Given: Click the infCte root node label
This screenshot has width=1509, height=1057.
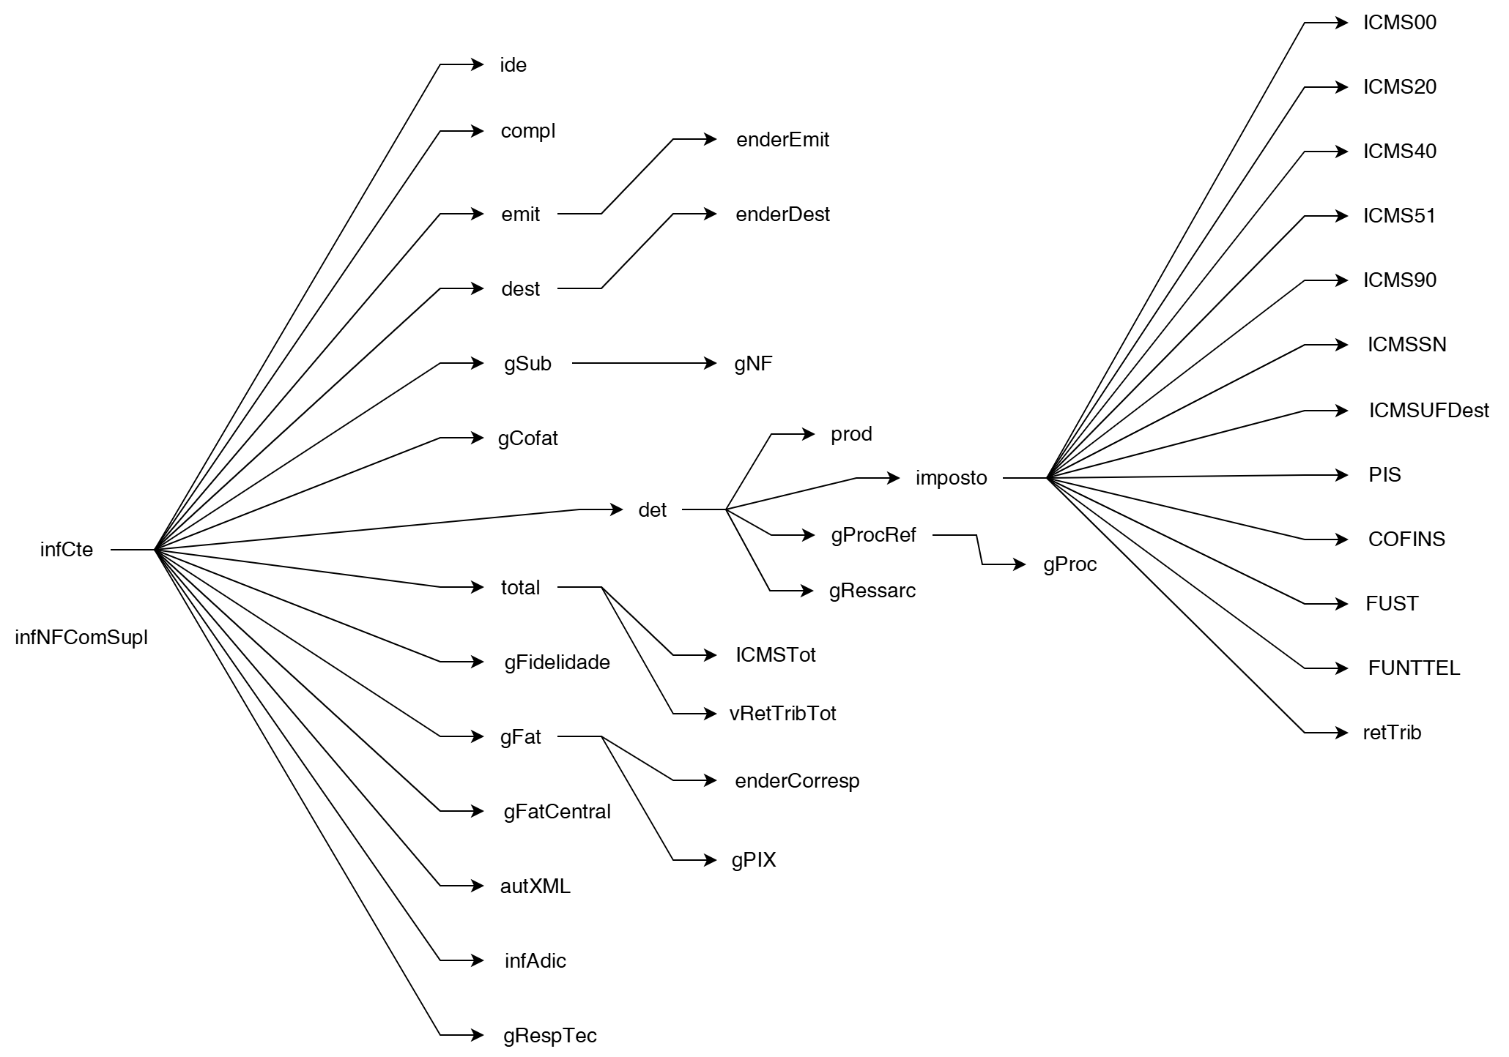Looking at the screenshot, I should click(x=67, y=550).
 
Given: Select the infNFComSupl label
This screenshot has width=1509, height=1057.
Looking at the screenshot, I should click(x=81, y=638).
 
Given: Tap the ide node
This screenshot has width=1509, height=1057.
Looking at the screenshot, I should click(x=513, y=65).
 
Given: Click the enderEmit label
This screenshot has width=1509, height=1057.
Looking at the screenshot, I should click(x=782, y=140).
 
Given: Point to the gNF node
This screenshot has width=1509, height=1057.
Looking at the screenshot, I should click(x=753, y=364).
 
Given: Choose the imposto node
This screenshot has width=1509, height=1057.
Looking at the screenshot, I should click(x=951, y=478).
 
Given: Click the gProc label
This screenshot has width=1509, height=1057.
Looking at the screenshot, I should click(x=1069, y=564).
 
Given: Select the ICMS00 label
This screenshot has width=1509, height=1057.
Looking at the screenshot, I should click(x=1399, y=23).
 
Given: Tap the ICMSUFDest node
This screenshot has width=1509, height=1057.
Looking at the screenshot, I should click(x=1428, y=411).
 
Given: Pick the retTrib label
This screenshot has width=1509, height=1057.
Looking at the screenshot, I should click(x=1392, y=733).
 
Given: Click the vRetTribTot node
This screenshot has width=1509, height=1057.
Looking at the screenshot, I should click(x=782, y=714).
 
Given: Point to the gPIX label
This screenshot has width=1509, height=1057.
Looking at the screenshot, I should click(x=753, y=860).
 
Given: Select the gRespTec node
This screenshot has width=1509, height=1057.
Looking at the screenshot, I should click(x=549, y=1036).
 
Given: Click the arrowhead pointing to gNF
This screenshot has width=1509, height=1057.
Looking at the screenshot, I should click(x=711, y=363).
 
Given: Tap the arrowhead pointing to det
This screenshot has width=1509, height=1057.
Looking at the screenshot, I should click(x=617, y=509).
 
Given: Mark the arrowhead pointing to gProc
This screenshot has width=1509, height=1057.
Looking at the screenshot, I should click(x=1020, y=564).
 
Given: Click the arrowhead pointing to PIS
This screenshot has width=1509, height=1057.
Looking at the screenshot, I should click(x=1342, y=475).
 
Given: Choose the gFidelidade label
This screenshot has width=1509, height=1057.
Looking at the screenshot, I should click(x=557, y=662).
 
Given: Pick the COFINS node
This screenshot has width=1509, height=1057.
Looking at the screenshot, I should click(x=1406, y=539).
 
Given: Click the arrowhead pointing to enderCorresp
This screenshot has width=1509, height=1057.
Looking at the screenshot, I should click(x=711, y=780).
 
